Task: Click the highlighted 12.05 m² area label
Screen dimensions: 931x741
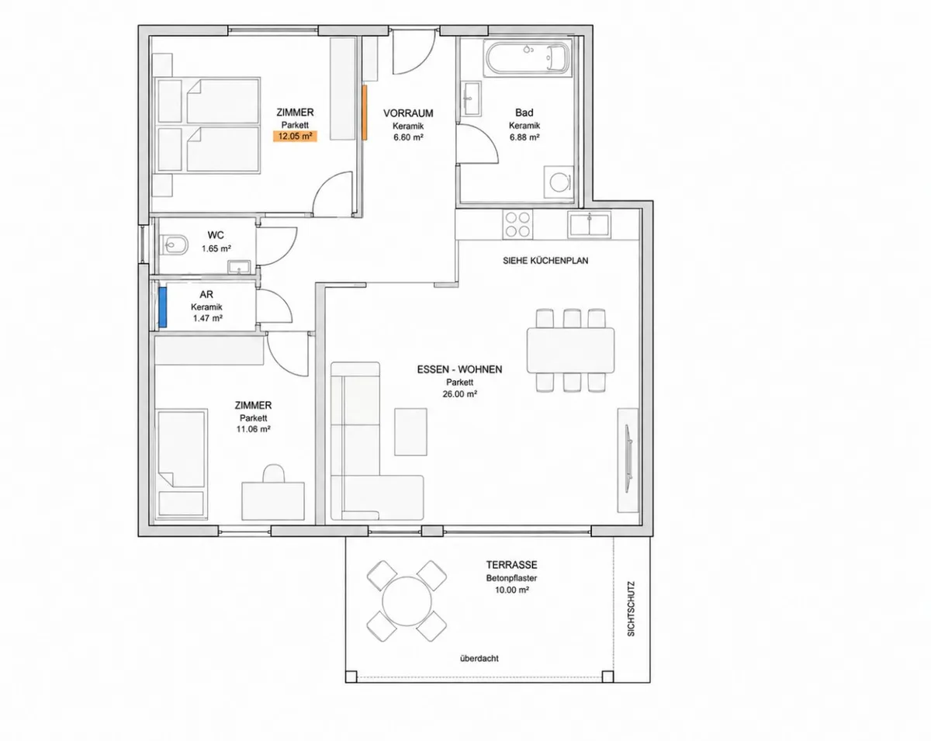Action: (295, 137)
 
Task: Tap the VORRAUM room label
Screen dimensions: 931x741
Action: (408, 113)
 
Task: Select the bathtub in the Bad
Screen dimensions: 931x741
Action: (528, 58)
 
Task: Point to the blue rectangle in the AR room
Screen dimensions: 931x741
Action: (163, 307)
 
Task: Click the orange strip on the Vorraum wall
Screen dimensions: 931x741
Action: (365, 113)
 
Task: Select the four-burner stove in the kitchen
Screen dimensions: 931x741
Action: (517, 224)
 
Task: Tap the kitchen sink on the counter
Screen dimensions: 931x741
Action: (589, 225)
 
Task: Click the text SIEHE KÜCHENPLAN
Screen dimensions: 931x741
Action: (545, 261)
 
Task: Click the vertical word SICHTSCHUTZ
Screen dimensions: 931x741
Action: (631, 608)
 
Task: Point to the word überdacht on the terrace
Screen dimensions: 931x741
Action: (479, 658)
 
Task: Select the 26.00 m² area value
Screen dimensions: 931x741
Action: (459, 394)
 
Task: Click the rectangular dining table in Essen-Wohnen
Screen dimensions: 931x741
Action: (570, 350)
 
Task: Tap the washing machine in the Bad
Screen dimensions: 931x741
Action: (558, 182)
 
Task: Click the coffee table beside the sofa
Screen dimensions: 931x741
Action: (410, 431)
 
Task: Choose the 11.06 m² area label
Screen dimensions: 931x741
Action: (253, 429)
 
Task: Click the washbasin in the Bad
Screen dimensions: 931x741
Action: (471, 99)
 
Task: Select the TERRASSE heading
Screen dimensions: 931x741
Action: (511, 565)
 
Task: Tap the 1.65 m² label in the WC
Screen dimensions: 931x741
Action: (216, 249)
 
